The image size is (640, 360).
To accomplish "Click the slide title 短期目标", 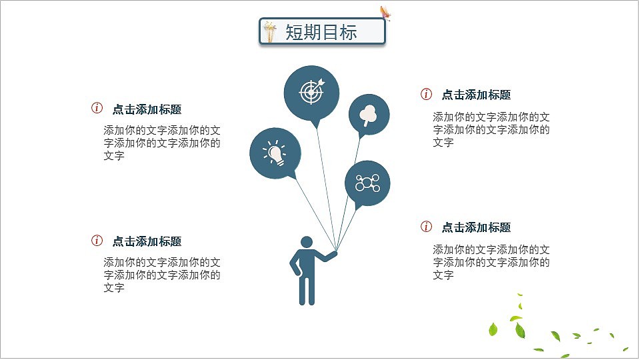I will tap(321, 32).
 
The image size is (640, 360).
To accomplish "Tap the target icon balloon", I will tap(311, 92).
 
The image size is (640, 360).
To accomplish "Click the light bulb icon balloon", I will tap(275, 153).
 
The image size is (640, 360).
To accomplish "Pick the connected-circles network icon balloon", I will tap(367, 182).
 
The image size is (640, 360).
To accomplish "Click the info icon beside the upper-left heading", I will tap(97, 108).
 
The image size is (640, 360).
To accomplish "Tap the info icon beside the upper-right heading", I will tap(427, 94).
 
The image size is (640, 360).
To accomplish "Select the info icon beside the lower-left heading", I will tap(97, 241).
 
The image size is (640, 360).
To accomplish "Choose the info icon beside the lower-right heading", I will tap(427, 227).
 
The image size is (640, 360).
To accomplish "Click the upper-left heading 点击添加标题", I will tap(147, 109).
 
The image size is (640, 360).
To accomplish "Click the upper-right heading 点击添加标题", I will tap(476, 95).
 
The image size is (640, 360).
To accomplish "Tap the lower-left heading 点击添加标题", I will tap(147, 241).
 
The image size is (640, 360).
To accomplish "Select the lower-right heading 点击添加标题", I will tap(476, 227).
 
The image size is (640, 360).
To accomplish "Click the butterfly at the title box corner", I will tap(385, 13).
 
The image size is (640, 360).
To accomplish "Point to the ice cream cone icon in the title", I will tap(270, 31).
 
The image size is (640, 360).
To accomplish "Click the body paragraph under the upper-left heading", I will tap(162, 143).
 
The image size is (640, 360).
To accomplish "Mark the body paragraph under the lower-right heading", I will tap(491, 262).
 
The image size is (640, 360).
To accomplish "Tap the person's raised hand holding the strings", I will tap(335, 253).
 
